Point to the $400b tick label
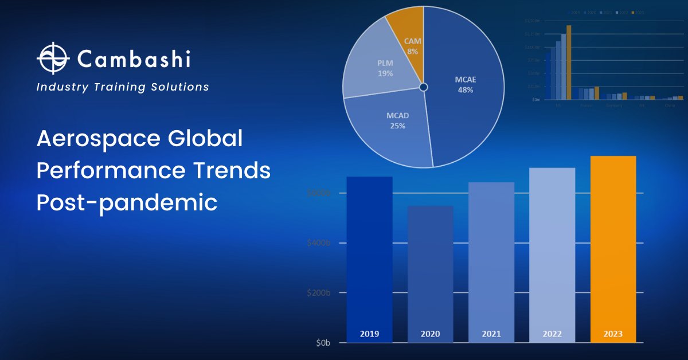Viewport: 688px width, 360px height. pyautogui.click(x=319, y=243)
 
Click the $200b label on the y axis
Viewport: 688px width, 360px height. pyautogui.click(x=319, y=293)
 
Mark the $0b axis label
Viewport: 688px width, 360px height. pyautogui.click(x=323, y=343)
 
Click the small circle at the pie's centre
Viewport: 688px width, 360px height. pyautogui.click(x=423, y=87)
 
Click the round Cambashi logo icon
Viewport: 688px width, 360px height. pyautogui.click(x=53, y=58)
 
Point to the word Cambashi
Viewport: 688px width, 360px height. pyautogui.click(x=133, y=58)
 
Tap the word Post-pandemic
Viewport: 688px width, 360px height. pyautogui.click(x=127, y=203)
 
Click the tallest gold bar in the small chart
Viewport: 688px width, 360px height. pyautogui.click(x=569, y=63)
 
